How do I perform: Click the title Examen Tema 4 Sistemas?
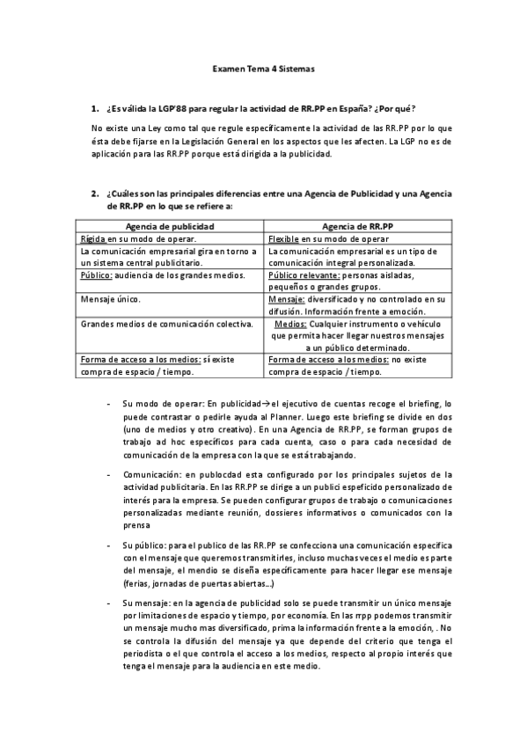(x=263, y=68)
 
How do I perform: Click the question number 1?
(x=94, y=109)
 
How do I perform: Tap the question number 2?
(x=94, y=194)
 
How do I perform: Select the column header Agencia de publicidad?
(x=171, y=226)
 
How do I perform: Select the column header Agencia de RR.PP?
(x=359, y=226)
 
